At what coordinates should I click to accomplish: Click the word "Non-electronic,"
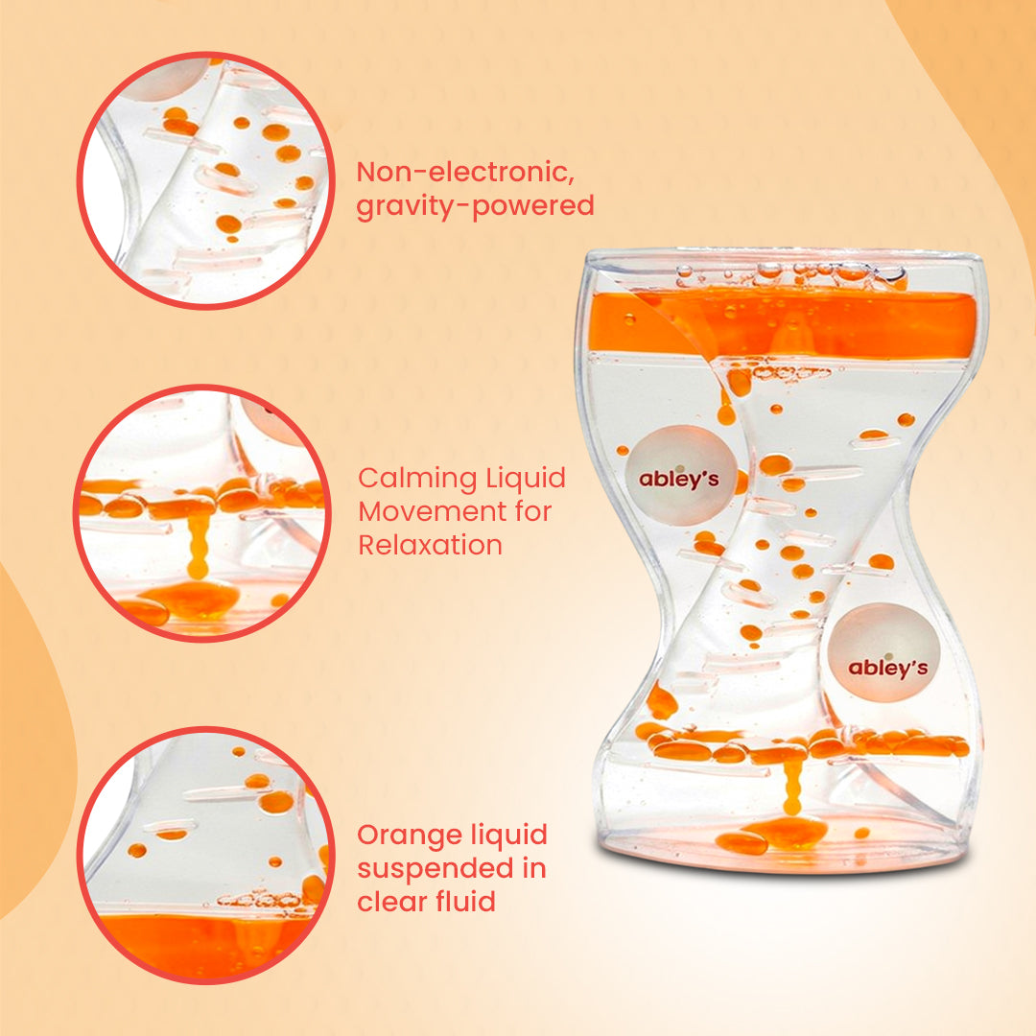(465, 172)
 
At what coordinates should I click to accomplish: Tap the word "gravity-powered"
(475, 205)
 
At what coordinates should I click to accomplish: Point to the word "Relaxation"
(430, 545)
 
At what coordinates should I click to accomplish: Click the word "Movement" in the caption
(425, 511)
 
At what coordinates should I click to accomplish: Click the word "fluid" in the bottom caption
(466, 901)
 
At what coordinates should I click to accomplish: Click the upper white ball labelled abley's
(680, 476)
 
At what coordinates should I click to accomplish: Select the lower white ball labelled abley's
(883, 652)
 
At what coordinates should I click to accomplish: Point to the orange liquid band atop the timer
(783, 324)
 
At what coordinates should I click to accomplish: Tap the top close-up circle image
(205, 180)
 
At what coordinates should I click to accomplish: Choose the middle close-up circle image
(202, 513)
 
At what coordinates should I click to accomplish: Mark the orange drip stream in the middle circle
(197, 545)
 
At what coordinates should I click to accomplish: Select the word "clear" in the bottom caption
(391, 901)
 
